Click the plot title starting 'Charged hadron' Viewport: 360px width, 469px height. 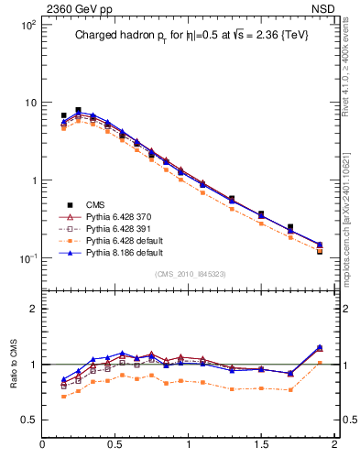click(x=188, y=37)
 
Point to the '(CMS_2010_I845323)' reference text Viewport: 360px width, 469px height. click(x=189, y=274)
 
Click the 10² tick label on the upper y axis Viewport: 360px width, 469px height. click(x=27, y=25)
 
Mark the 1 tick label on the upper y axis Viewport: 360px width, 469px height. click(x=32, y=180)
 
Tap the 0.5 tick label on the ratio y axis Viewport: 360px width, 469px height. click(x=27, y=420)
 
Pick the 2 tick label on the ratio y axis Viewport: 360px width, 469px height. click(x=33, y=309)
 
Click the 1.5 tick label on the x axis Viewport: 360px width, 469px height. click(x=261, y=445)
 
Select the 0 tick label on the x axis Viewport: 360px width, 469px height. click(x=43, y=445)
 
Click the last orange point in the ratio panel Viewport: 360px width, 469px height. click(x=320, y=363)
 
